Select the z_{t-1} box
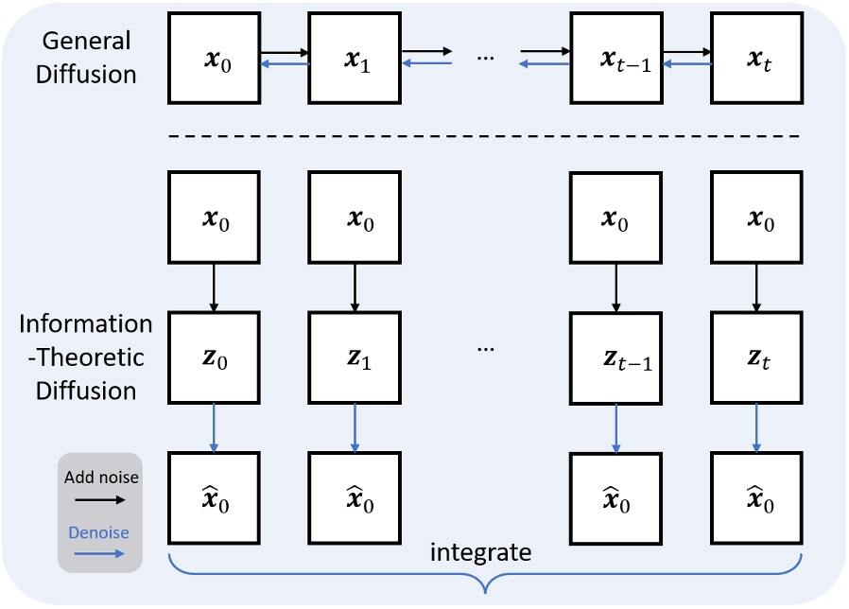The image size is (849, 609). pyautogui.click(x=615, y=358)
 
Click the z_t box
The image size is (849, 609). pyautogui.click(x=756, y=358)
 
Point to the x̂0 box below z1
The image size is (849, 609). pyautogui.click(x=355, y=499)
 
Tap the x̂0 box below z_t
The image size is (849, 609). pyautogui.click(x=756, y=499)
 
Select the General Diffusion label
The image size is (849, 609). pyautogui.click(x=85, y=58)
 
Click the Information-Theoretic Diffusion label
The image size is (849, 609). pyautogui.click(x=86, y=357)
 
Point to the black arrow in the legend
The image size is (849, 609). pyautogui.click(x=101, y=499)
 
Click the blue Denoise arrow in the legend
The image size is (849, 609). pyautogui.click(x=101, y=553)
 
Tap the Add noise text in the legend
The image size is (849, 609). pyautogui.click(x=101, y=478)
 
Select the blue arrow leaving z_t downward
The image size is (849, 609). pyautogui.click(x=756, y=427)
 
